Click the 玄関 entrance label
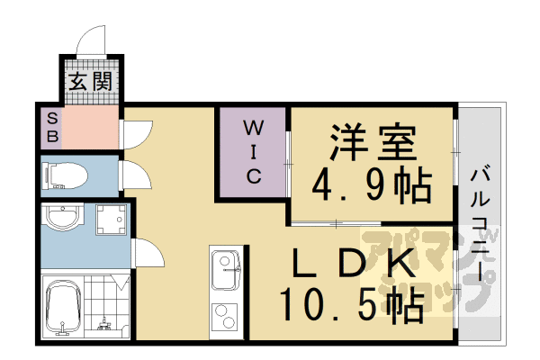pos(91,82)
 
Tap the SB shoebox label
pos(52,128)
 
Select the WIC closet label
pos(254,151)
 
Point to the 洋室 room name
pos(373,142)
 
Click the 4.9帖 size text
pos(372,185)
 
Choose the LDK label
pos(354,264)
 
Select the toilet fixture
pos(65,176)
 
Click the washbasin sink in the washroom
pos(62,218)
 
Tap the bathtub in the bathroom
pos(64,307)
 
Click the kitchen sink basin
pos(226,269)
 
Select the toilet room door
pos(136,175)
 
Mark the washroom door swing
pos(148,253)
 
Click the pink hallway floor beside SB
pos(90,128)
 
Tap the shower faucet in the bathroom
pos(103,324)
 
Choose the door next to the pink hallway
pos(137,135)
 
